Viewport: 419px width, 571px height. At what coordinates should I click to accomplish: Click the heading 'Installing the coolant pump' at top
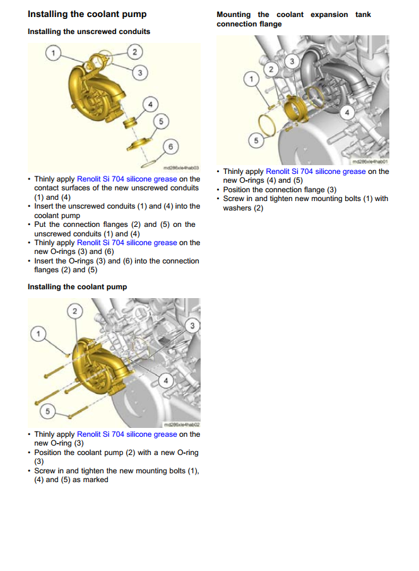87,14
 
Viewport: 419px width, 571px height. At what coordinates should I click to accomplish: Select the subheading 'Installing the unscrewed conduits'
89,31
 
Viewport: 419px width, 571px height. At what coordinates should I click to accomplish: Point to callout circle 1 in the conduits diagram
54,52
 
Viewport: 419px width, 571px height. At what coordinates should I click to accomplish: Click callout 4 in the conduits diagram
150,103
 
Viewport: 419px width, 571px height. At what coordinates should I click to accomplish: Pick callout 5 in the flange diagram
256,141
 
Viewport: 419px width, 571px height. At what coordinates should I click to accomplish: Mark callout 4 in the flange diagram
346,113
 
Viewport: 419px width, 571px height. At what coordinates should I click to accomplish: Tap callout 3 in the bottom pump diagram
192,325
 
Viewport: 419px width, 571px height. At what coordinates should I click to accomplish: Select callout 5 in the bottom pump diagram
46,412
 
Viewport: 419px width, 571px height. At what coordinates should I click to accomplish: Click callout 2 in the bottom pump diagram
75,311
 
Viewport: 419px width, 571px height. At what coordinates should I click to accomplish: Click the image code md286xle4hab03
181,168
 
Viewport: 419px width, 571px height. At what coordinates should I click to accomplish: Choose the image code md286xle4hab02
181,424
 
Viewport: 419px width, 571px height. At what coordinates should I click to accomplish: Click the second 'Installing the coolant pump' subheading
77,287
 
